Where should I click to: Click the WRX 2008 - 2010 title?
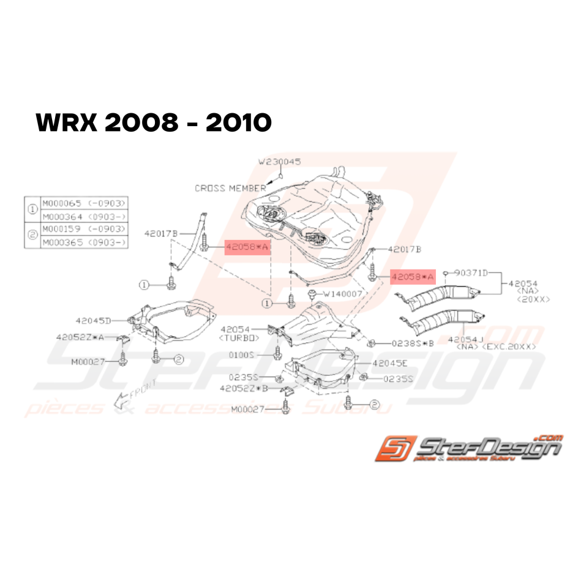pyautogui.click(x=154, y=123)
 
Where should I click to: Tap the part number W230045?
pyautogui.click(x=279, y=162)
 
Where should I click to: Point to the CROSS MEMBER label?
pyautogui.click(x=230, y=188)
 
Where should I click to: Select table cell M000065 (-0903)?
pyautogui.click(x=84, y=203)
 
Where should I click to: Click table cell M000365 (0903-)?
pyautogui.click(x=84, y=242)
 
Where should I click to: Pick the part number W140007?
pyautogui.click(x=343, y=294)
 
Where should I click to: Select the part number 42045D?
pyautogui.click(x=94, y=320)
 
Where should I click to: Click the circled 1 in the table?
pyautogui.click(x=31, y=209)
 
